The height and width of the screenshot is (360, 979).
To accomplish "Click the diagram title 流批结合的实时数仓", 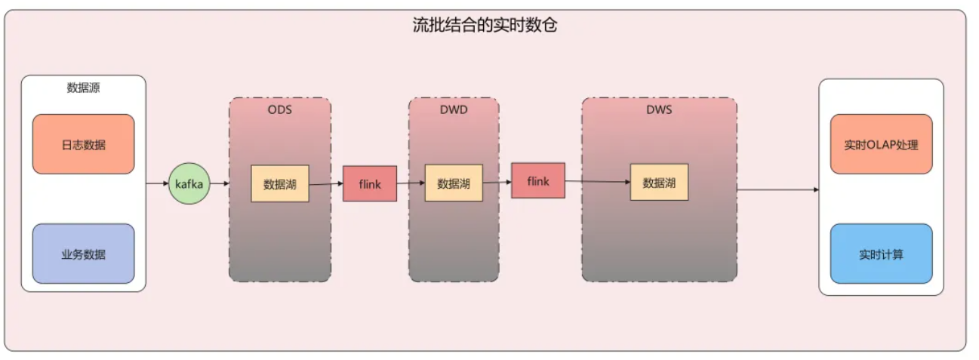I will pos(485,26).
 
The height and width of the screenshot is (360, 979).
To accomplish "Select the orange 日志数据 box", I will pos(84,144).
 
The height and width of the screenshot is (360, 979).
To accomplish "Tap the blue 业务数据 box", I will pos(84,254).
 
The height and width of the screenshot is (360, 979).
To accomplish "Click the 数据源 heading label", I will pos(84,88).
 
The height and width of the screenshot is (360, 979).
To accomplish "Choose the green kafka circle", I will pos(189,183).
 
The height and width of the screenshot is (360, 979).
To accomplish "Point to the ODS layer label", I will pos(279,109).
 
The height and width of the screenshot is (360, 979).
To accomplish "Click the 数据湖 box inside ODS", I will pos(280,183).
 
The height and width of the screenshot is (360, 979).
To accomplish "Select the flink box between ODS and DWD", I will pos(370,183).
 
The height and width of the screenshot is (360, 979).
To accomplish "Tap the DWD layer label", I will pos(454,109).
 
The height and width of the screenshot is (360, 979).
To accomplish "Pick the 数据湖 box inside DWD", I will pos(454,183).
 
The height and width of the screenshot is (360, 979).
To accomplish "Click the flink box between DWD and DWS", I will pos(538,181).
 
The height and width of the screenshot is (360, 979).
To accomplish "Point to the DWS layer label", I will pos(659,109).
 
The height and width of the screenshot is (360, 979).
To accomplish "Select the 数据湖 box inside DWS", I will pos(659,183).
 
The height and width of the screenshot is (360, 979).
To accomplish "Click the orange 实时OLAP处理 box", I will pos(881,144).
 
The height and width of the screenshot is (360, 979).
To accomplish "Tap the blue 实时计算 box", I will pos(881,254).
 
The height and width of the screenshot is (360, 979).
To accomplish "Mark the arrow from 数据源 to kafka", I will pos(157,183).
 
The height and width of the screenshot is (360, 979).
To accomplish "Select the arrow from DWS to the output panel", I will pos(777,189).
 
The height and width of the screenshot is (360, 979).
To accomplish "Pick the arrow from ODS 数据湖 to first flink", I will pos(326,183).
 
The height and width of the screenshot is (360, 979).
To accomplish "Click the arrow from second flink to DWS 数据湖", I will pos(598,182).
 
